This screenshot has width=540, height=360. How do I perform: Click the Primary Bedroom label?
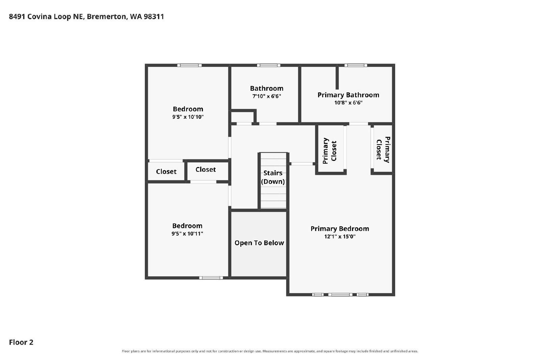pyautogui.click(x=340, y=229)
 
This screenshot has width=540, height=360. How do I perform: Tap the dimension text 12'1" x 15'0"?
pyautogui.click(x=340, y=237)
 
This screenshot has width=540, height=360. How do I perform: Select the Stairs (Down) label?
pyautogui.click(x=273, y=177)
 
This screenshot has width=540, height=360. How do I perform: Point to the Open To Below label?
pyautogui.click(x=259, y=243)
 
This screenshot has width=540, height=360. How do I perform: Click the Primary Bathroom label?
pyautogui.click(x=348, y=95)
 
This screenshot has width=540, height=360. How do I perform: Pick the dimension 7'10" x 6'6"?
pyautogui.click(x=267, y=96)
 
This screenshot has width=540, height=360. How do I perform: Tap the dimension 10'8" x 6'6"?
pyautogui.click(x=348, y=103)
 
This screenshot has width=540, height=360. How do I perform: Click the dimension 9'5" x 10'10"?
pyautogui.click(x=188, y=117)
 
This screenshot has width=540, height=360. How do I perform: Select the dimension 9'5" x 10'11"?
pyautogui.click(x=187, y=234)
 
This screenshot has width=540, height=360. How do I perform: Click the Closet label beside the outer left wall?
pyautogui.click(x=166, y=172)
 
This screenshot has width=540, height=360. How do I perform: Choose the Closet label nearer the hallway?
pyautogui.click(x=206, y=170)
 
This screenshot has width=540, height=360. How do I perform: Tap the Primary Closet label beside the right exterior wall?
pyautogui.click(x=383, y=150)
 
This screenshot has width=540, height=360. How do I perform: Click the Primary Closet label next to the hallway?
pyautogui.click(x=329, y=151)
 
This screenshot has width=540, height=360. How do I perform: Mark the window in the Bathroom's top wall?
pyautogui.click(x=269, y=65)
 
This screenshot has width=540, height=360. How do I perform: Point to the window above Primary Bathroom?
pyautogui.click(x=356, y=65)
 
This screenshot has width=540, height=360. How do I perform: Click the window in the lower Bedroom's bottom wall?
pyautogui.click(x=211, y=278)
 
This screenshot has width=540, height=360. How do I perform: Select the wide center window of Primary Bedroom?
pyautogui.click(x=340, y=295)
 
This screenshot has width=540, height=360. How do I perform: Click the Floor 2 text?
pyautogui.click(x=21, y=342)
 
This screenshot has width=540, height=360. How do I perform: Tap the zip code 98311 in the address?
pyautogui.click(x=154, y=17)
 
